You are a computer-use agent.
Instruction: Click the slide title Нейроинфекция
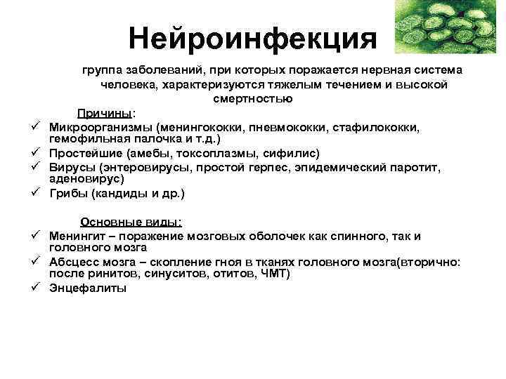[252, 39]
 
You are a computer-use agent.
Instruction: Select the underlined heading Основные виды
[131, 222]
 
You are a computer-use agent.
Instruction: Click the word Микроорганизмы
[101, 127]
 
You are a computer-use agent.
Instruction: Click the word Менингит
[80, 236]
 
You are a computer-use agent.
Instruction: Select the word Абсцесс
[74, 262]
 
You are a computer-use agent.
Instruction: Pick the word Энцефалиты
[88, 288]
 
